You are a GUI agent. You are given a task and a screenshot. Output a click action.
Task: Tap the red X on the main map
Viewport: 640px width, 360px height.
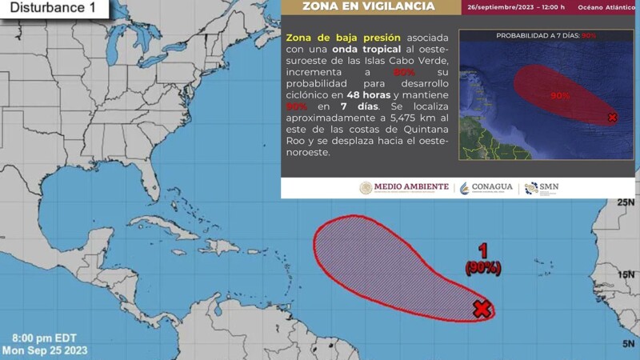481,309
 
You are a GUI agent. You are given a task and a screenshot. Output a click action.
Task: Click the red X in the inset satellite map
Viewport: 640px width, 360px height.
612,118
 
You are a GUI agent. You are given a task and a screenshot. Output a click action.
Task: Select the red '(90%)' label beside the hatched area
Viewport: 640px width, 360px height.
483,269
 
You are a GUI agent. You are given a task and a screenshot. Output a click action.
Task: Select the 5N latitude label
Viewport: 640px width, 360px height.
627,344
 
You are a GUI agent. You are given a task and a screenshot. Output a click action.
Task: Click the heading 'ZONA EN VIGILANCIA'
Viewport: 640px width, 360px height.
369,7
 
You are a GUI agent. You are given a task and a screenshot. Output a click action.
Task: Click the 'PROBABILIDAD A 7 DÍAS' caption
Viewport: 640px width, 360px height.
545,36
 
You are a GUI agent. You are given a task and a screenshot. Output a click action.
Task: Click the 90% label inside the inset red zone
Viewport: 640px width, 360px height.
559,95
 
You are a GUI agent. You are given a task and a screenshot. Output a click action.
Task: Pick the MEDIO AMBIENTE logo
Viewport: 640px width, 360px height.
404,187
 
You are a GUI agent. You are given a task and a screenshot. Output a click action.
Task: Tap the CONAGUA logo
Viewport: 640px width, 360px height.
486,187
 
